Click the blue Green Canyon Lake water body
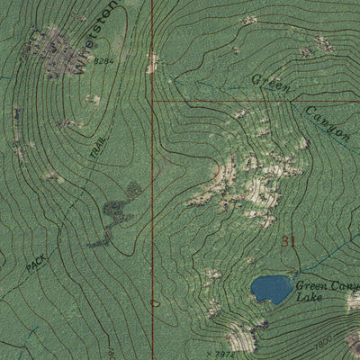268,289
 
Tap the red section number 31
288,240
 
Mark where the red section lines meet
152,102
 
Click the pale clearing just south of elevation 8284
93,99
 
